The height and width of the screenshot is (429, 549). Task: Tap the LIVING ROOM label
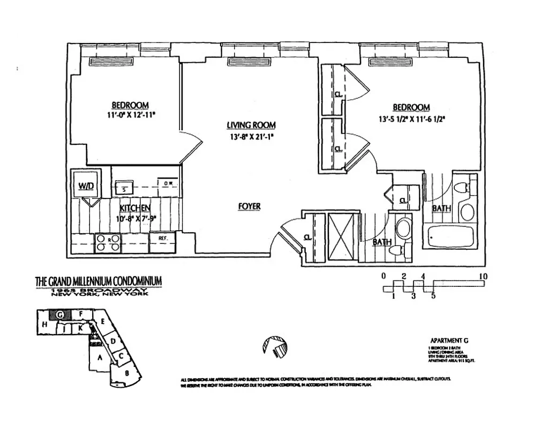pyautogui.click(x=251, y=125)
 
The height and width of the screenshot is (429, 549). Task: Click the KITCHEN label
pyautogui.click(x=134, y=208)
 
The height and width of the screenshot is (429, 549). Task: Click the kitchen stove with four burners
pyautogui.click(x=107, y=242)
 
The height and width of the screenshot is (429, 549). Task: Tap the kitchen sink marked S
pyautogui.click(x=124, y=188)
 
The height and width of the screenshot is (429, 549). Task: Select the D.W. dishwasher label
pyautogui.click(x=168, y=183)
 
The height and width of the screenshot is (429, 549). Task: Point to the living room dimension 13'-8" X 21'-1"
pyautogui.click(x=251, y=136)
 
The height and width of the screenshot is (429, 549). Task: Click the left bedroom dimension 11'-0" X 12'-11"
pyautogui.click(x=130, y=115)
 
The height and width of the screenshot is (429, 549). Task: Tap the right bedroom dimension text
pyautogui.click(x=411, y=119)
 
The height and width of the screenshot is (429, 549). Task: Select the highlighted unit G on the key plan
pyautogui.click(x=61, y=315)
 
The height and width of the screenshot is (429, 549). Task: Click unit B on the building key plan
pyautogui.click(x=127, y=373)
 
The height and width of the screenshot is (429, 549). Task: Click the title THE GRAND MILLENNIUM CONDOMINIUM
pyautogui.click(x=98, y=282)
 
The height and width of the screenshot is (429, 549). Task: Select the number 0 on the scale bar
pyautogui.click(x=383, y=276)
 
